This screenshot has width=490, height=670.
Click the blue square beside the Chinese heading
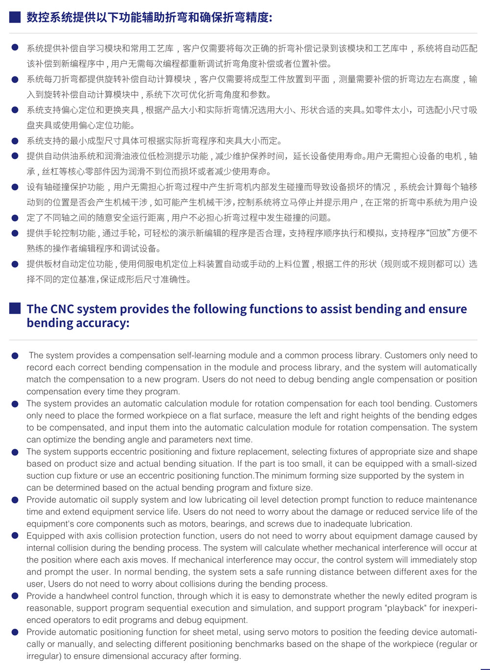pos(15,17)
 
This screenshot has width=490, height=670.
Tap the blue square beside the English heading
pos(15,309)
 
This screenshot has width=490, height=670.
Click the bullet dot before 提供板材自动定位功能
pos(15,264)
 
